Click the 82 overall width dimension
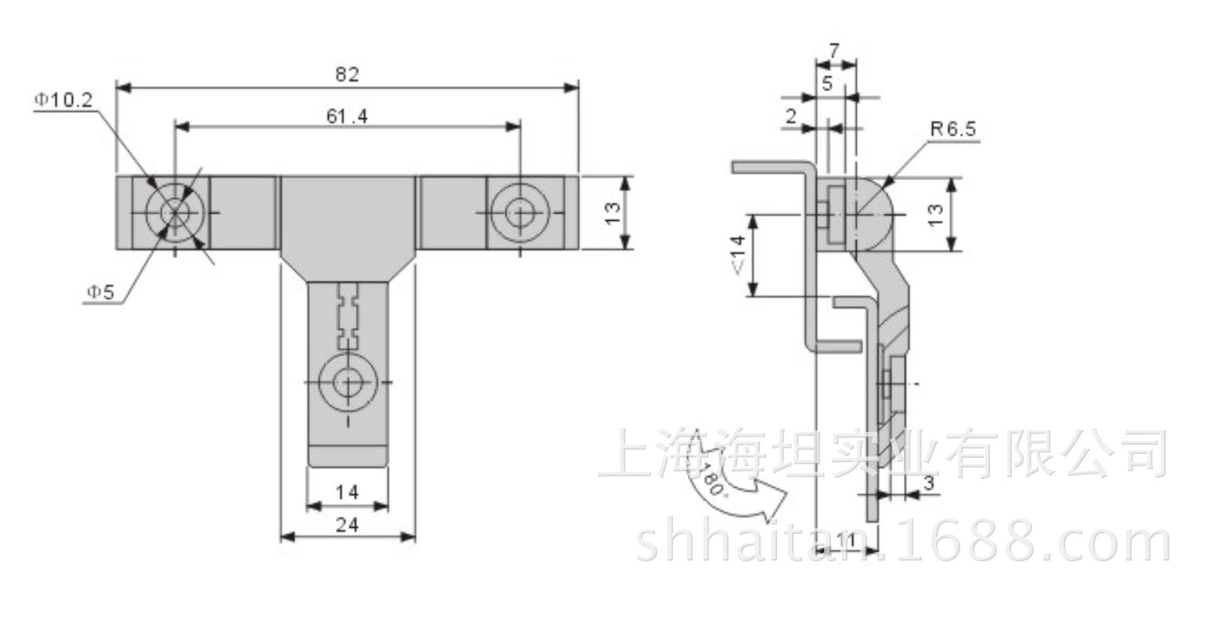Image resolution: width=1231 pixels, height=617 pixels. pos(347,74)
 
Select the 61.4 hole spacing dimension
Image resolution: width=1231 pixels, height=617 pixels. pos(347,116)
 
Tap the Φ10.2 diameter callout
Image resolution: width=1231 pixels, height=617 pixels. pos(64,100)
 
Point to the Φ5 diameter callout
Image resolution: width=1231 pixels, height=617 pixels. pos(100,291)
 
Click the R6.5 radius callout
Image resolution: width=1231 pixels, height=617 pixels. pos(953,128)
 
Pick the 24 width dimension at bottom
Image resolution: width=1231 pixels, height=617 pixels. pos(347,525)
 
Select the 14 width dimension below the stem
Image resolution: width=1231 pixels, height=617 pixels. pos(347,493)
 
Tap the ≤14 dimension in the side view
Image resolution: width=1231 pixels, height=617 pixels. pos(737,255)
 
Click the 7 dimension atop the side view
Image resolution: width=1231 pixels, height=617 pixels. pos(834,51)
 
